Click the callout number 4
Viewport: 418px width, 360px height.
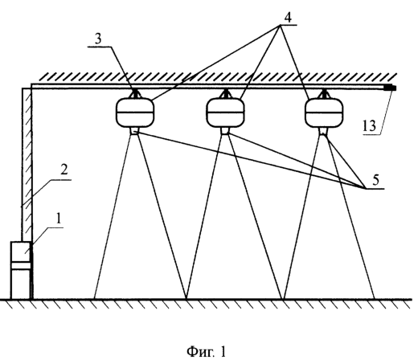tap(288, 18)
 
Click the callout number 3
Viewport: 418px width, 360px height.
tap(98, 39)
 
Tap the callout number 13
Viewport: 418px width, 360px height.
tap(370, 125)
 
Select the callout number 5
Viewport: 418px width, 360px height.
tap(375, 180)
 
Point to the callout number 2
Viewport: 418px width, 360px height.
tap(64, 170)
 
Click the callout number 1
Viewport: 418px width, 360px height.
tap(58, 219)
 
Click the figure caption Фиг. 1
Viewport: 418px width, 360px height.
tap(207, 351)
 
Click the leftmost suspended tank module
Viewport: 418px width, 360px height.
tap(135, 112)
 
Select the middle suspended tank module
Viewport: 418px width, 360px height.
tap(225, 112)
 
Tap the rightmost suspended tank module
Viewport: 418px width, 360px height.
tap(324, 112)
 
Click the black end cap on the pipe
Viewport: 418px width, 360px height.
tap(390, 88)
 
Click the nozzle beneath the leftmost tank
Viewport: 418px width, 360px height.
tap(134, 131)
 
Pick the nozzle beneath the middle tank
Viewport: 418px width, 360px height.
tap(225, 131)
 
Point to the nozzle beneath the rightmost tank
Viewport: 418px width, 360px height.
tap(323, 131)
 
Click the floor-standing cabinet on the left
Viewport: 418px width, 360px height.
tap(21, 270)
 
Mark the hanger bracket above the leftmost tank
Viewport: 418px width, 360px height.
tap(135, 94)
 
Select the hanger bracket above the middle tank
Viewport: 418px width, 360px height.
tap(225, 94)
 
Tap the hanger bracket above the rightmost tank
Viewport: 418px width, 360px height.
tap(324, 94)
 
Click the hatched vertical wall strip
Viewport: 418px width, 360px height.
tap(27, 164)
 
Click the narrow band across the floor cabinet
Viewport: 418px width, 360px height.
tap(21, 265)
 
